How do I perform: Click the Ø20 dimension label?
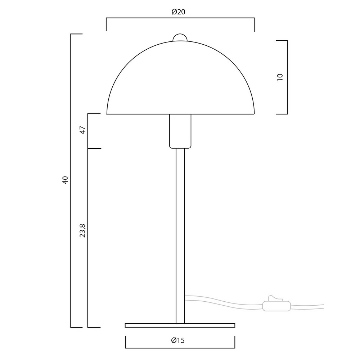(179, 12)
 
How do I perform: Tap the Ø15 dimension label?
(178, 340)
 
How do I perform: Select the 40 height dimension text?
(66, 180)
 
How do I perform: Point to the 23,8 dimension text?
(82, 230)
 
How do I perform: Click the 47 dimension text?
(83, 130)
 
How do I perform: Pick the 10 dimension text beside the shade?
(280, 77)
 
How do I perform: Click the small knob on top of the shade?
(180, 37)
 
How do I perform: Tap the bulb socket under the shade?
(180, 131)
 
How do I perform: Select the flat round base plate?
(180, 325)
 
